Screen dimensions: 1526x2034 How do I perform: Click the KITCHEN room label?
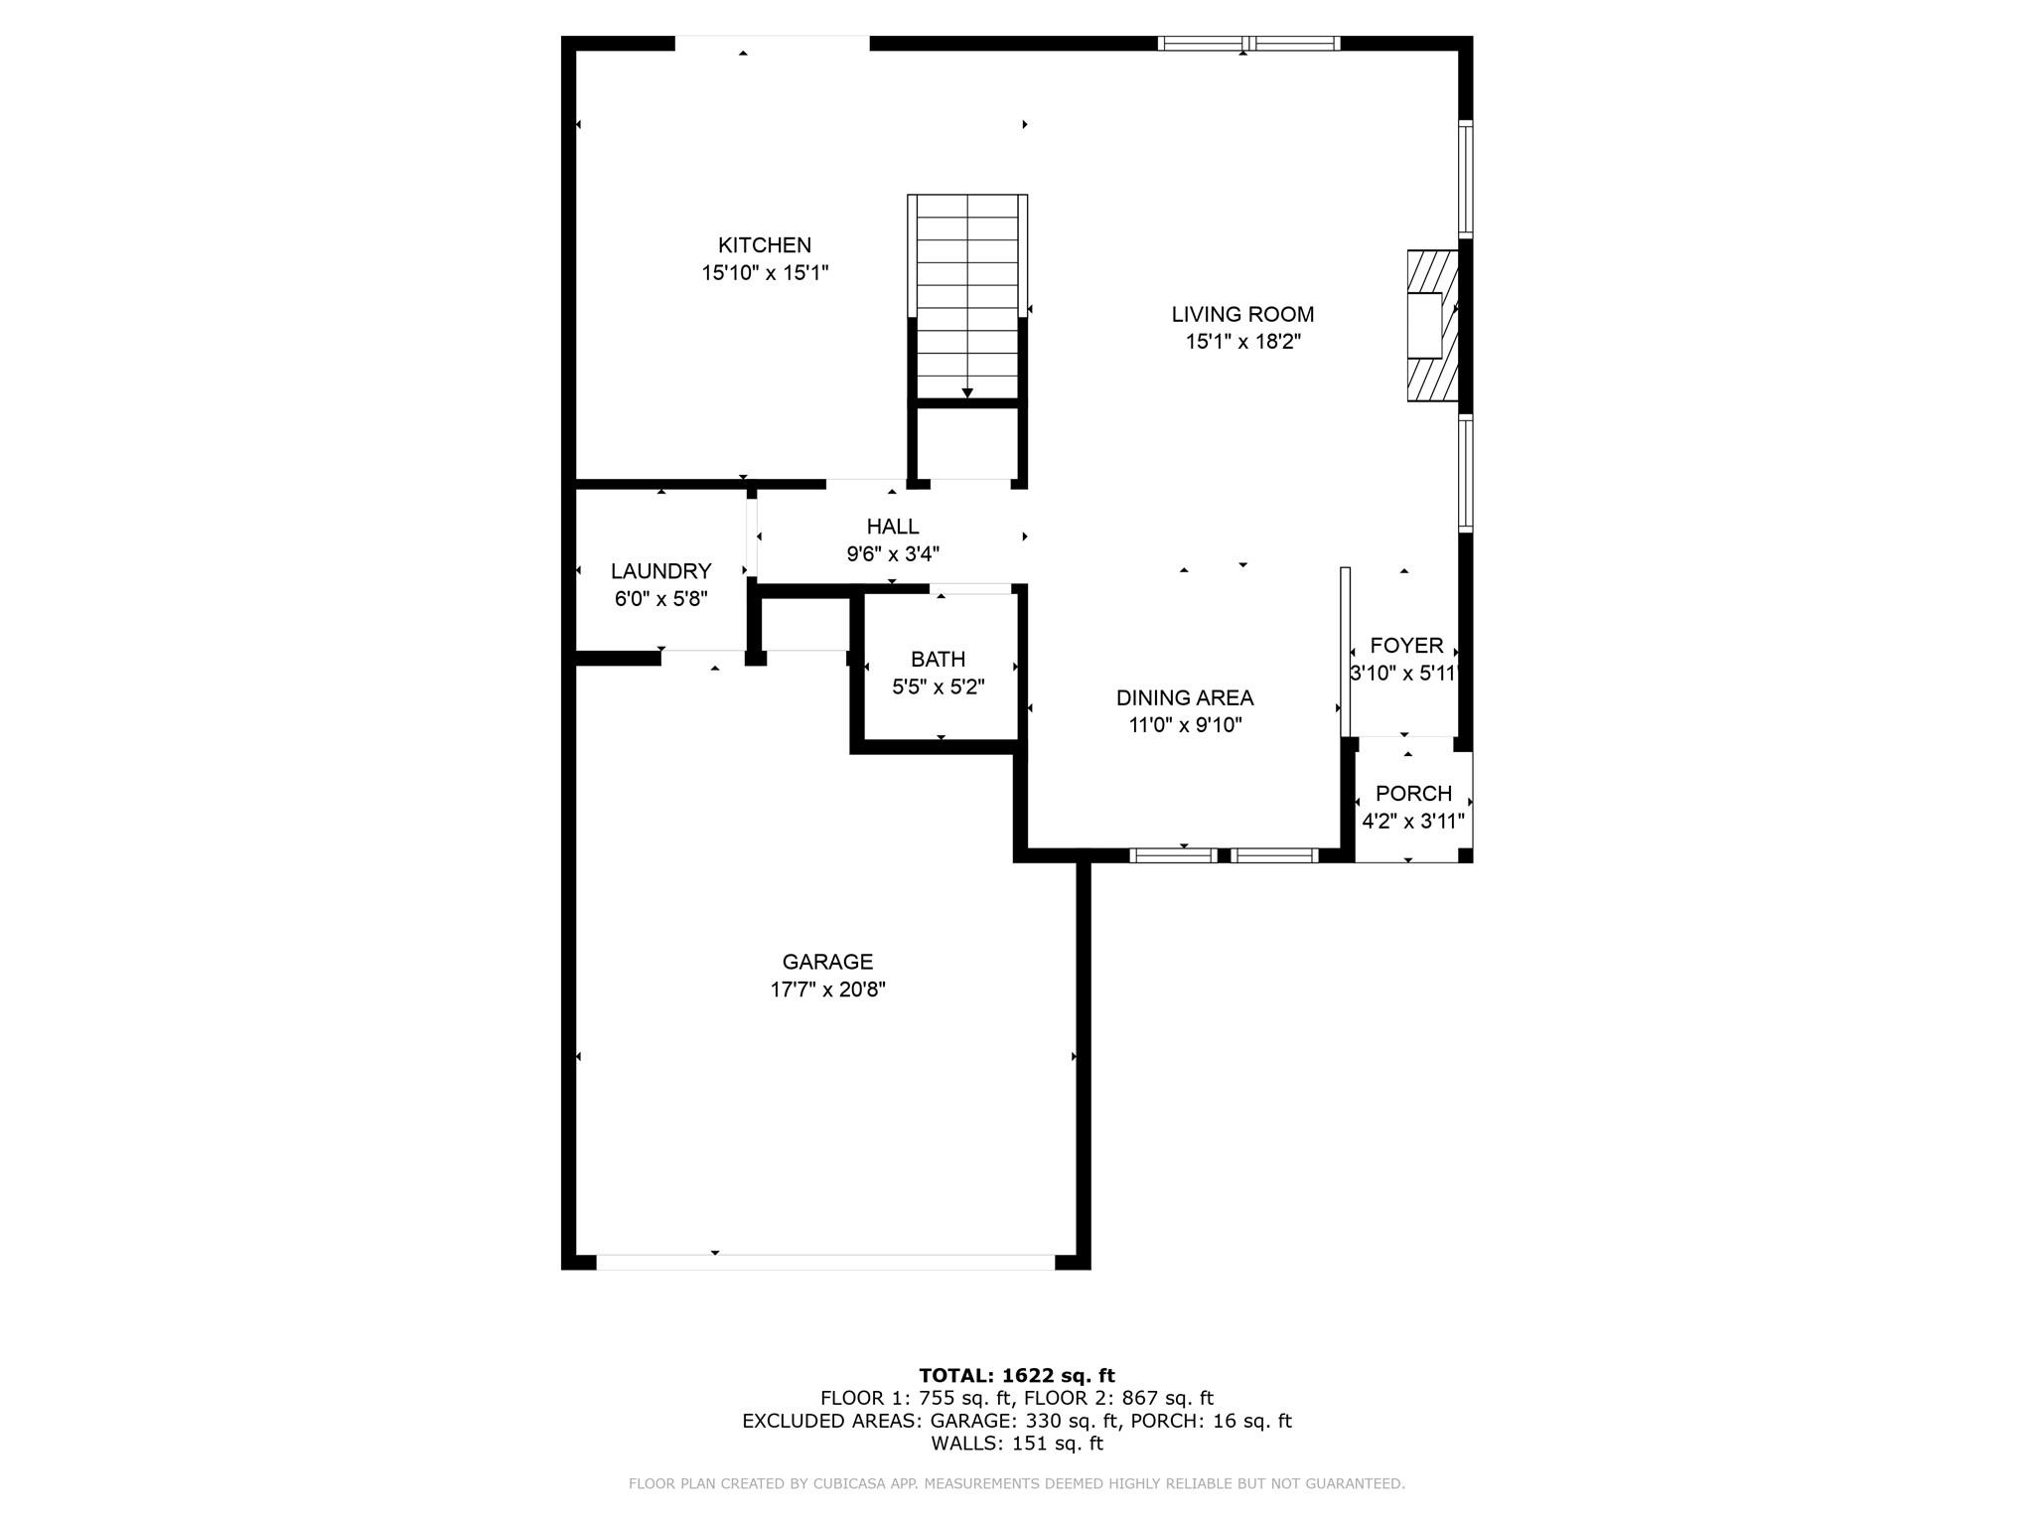tap(765, 245)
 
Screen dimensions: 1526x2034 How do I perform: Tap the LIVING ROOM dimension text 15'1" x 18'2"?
tap(1242, 342)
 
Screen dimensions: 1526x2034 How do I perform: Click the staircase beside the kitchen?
tap(967, 295)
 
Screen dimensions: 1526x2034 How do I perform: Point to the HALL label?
tap(892, 527)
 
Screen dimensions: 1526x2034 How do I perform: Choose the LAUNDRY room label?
tap(660, 571)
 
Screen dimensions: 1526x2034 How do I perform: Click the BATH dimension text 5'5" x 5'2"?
tap(938, 687)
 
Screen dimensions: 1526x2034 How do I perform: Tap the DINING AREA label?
tap(1184, 697)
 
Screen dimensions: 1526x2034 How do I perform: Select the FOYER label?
tap(1406, 646)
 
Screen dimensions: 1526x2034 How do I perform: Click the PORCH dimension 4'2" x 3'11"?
tap(1412, 822)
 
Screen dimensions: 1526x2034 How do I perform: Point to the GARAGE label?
tap(827, 962)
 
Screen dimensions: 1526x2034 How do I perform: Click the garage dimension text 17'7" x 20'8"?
tap(827, 990)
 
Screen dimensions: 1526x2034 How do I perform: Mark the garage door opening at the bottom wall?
tap(824, 1262)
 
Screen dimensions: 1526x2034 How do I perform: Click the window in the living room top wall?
tap(1248, 43)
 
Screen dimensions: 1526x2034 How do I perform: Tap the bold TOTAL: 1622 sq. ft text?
tap(1016, 1376)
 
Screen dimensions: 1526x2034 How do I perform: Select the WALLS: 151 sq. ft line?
tap(1016, 1444)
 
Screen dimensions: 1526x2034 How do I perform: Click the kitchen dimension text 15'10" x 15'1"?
tap(765, 273)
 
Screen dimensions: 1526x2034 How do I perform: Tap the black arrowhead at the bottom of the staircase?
tap(967, 393)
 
